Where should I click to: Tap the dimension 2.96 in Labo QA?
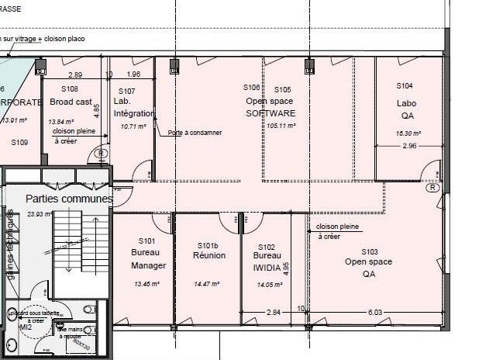(x=409, y=145)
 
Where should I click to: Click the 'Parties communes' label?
(x=69, y=199)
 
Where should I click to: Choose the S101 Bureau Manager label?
(x=148, y=254)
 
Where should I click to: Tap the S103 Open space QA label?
(x=369, y=262)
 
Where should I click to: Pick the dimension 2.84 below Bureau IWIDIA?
(x=273, y=312)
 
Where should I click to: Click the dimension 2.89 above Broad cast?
(x=75, y=74)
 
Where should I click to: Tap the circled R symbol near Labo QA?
(x=432, y=187)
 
